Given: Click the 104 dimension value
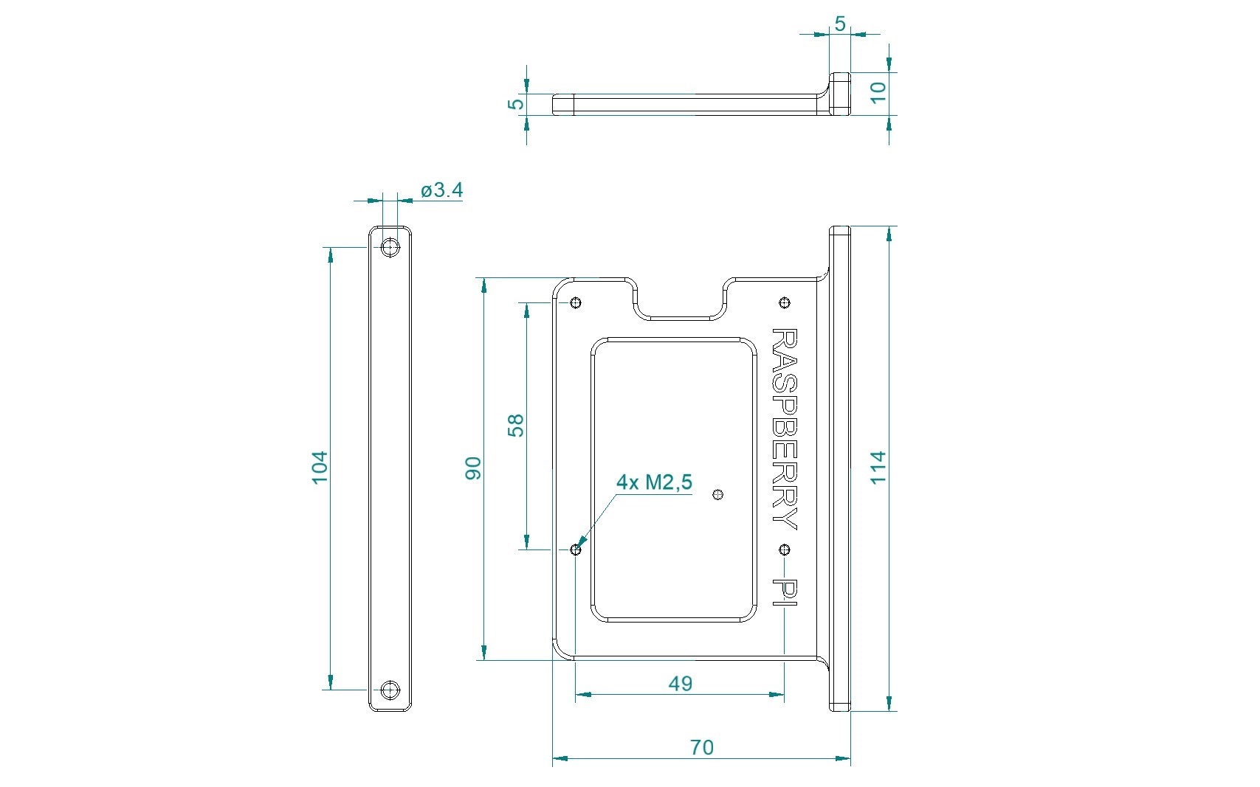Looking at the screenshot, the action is click(x=320, y=467).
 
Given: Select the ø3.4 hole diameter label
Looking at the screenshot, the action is click(x=441, y=190).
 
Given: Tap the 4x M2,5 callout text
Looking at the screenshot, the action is click(x=654, y=482).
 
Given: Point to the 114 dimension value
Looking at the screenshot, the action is click(x=878, y=467).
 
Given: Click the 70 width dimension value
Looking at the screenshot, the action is click(x=701, y=747).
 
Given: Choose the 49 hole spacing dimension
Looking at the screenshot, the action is click(x=680, y=684).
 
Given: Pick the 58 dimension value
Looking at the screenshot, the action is click(x=515, y=426).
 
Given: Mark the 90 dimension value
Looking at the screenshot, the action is click(x=473, y=468).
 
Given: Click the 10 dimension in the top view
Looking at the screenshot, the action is click(x=878, y=93).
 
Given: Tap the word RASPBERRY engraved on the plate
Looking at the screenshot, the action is click(x=784, y=429).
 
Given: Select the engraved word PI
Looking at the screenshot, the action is click(x=784, y=592).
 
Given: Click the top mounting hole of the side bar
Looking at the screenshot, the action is click(x=390, y=247).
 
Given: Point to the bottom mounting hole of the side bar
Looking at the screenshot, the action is click(x=390, y=690).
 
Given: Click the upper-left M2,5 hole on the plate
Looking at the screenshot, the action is click(x=576, y=303).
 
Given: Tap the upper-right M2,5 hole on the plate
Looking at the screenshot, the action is click(x=785, y=303).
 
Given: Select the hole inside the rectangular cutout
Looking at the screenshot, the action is click(x=717, y=495).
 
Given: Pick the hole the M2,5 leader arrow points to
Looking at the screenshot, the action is click(x=576, y=549).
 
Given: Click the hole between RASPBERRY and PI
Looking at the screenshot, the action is click(x=785, y=549).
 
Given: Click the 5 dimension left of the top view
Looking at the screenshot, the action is click(x=515, y=104).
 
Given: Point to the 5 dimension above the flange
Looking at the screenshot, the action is click(x=840, y=24).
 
